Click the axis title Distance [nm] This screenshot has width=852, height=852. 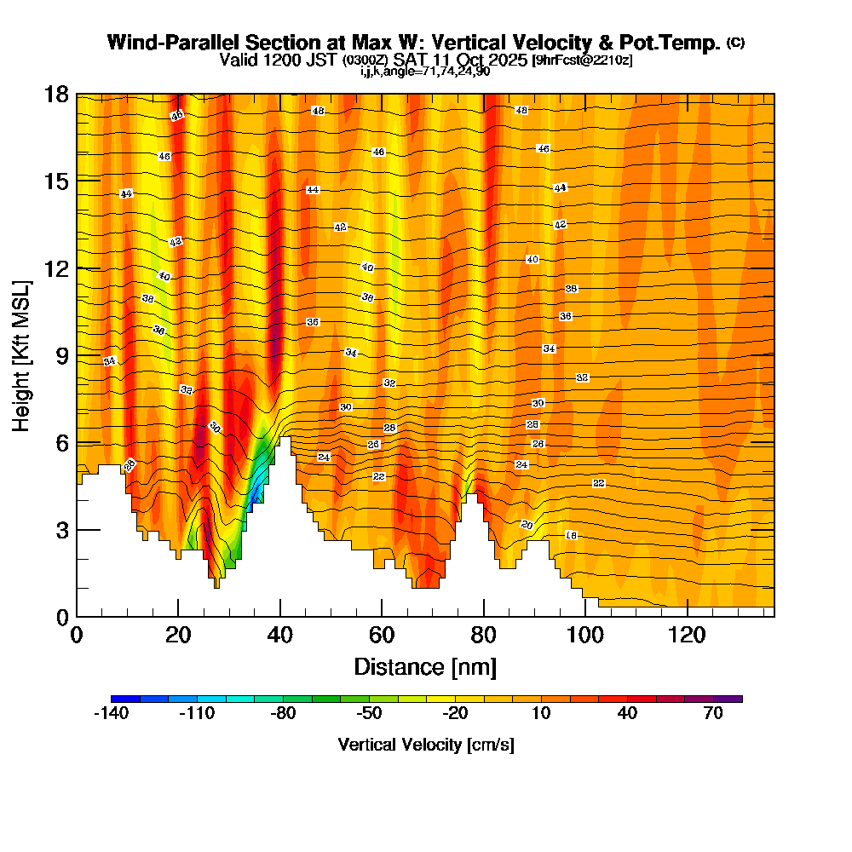click(x=425, y=666)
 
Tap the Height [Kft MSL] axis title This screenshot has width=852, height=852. click(x=22, y=354)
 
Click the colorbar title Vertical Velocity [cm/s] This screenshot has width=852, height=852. click(x=426, y=745)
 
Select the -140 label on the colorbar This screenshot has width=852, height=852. click(x=110, y=714)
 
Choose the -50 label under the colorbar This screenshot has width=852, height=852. click(x=369, y=714)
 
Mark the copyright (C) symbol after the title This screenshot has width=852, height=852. click(x=735, y=43)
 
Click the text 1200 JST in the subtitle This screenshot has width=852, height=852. click(x=305, y=60)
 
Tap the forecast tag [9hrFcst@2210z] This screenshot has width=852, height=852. click(x=581, y=60)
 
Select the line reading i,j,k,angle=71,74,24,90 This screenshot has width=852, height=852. click(x=425, y=72)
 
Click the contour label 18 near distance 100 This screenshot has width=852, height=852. click(x=571, y=535)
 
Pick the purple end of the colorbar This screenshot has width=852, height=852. click(x=732, y=699)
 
